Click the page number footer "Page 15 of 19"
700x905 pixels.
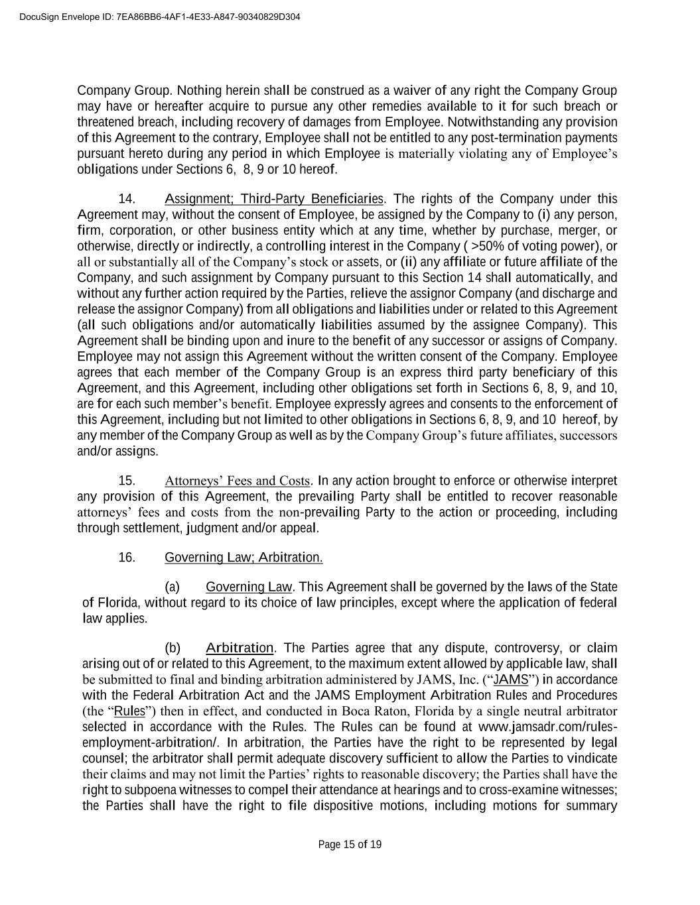point(350,844)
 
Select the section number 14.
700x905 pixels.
point(127,199)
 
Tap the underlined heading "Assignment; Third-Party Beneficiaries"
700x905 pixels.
point(274,199)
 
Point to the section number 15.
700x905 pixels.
point(127,481)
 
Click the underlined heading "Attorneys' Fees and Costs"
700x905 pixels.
point(237,481)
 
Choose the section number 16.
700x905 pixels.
point(127,558)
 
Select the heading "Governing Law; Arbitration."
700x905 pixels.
point(244,558)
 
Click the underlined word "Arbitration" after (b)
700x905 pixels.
point(240,648)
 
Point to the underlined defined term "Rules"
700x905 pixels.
point(129,711)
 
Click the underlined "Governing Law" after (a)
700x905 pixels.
point(249,587)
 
